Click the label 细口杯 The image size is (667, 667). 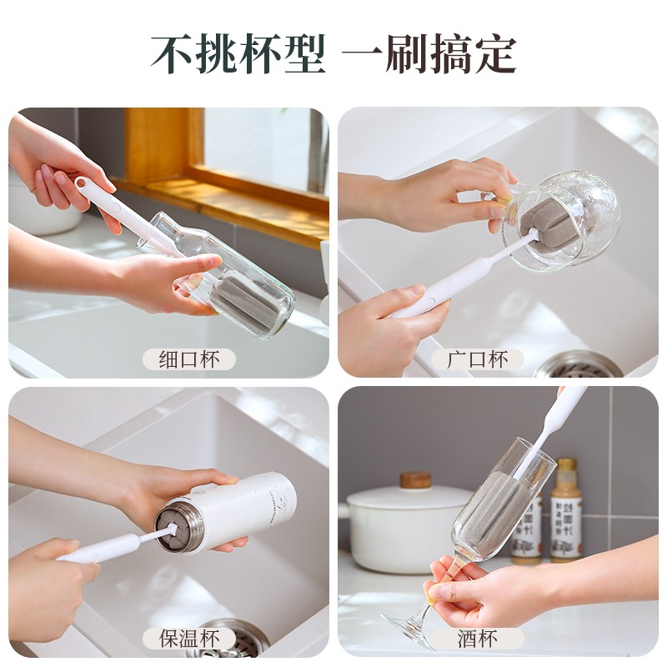point(188,359)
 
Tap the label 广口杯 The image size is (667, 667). point(478,359)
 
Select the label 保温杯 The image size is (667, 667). point(189,638)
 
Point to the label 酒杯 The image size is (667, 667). point(479,639)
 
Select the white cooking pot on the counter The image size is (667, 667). point(400,529)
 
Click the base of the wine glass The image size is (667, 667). point(409,630)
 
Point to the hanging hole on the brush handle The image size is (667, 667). point(82,183)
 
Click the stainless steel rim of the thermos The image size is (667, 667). point(177,527)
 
